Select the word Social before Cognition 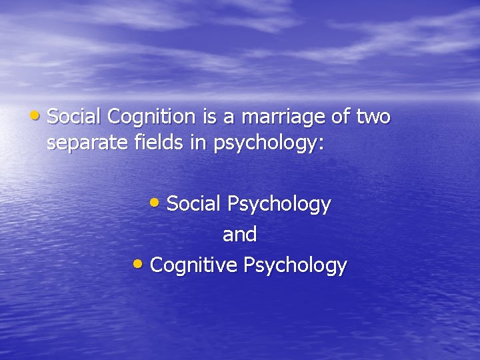coord(75,117)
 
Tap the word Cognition coord(150,118)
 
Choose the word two coord(374,117)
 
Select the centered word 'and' coord(239,235)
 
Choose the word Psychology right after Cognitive coord(295,266)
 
